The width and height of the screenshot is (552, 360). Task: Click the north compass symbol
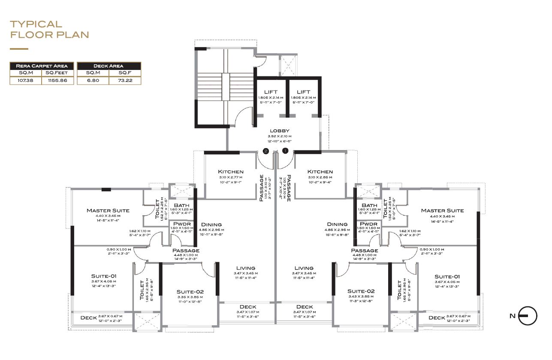pyautogui.click(x=527, y=316)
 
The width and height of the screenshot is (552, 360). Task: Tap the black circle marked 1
pyautogui.click(x=285, y=151)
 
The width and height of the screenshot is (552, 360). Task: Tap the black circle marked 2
pyautogui.click(x=266, y=151)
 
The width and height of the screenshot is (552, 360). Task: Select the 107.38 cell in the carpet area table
pyautogui.click(x=25, y=80)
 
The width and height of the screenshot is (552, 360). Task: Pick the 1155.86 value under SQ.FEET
pyautogui.click(x=57, y=80)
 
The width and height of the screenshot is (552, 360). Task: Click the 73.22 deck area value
pyautogui.click(x=125, y=80)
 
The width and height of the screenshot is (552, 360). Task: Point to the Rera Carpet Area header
pyautogui.click(x=42, y=66)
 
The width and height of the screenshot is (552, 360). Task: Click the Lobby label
pyautogui.click(x=280, y=131)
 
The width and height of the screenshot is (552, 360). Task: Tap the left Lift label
pyautogui.click(x=271, y=92)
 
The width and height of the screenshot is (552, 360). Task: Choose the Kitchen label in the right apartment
pyautogui.click(x=320, y=172)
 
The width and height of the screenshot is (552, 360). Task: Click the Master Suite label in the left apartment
pyautogui.click(x=108, y=211)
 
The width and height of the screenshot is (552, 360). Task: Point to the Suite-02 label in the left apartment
pyautogui.click(x=190, y=292)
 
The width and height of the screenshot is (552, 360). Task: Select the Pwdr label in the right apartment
pyautogui.click(x=368, y=224)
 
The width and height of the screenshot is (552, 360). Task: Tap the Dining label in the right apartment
pyautogui.click(x=337, y=224)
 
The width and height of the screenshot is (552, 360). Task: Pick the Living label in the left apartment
pyautogui.click(x=245, y=268)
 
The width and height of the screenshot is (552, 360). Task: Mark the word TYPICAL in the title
pyautogui.click(x=36, y=24)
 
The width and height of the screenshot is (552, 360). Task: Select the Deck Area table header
pyautogui.click(x=109, y=66)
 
